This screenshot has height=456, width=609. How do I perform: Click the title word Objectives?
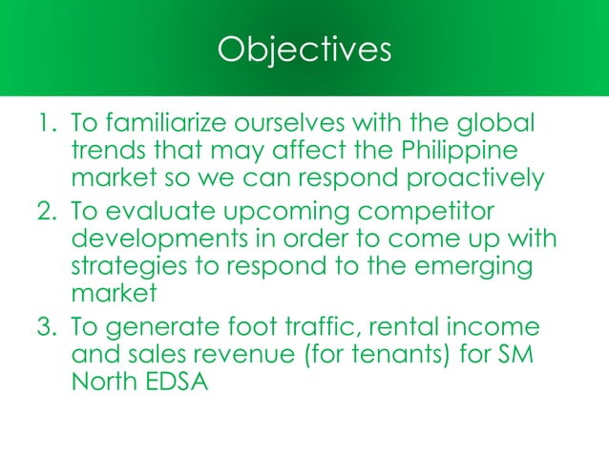(x=304, y=50)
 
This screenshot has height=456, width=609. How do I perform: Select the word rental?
(x=405, y=329)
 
